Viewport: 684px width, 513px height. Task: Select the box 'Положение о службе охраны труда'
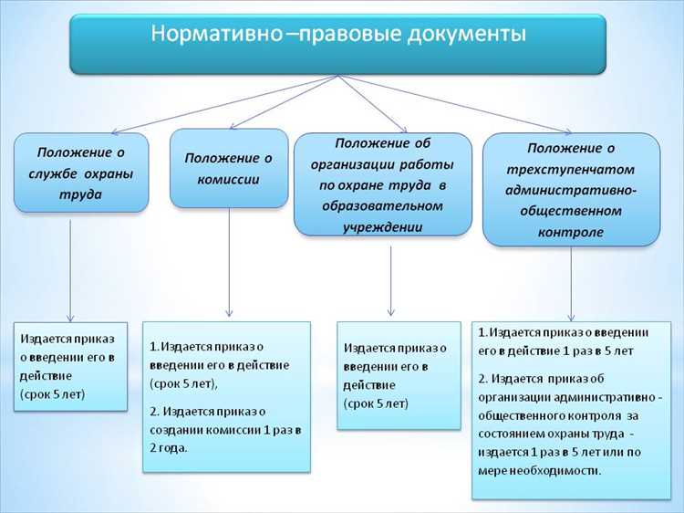[x=80, y=172]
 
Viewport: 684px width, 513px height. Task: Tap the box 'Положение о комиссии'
[x=228, y=168]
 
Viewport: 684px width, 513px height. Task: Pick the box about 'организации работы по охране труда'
[x=382, y=184]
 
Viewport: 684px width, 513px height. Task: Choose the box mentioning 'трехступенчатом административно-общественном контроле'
[x=571, y=190]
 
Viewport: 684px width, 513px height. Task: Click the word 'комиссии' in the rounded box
[x=228, y=179]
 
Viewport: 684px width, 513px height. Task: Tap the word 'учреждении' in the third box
[x=382, y=226]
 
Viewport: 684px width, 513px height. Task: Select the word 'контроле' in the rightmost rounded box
[x=571, y=232]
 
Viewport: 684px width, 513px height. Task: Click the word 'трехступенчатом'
[x=571, y=169]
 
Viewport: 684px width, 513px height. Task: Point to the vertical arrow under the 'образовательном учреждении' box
[x=390, y=278]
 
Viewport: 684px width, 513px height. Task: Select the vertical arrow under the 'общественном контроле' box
[x=571, y=283]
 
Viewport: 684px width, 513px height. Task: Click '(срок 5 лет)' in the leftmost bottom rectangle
[x=54, y=395]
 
